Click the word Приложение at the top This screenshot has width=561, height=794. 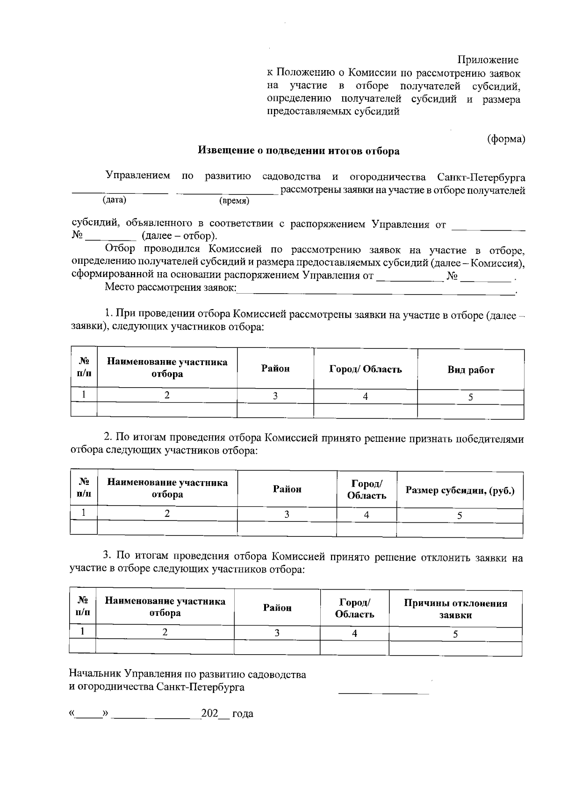488,60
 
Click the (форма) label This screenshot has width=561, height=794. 506,139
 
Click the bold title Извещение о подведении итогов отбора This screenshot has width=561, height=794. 299,151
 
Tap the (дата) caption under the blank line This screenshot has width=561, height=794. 115,200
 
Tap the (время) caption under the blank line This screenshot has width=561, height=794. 234,201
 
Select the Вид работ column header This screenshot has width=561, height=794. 471,370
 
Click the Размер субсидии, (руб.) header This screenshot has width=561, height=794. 460,490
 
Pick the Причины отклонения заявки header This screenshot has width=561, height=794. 455,609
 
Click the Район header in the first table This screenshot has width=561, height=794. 275,369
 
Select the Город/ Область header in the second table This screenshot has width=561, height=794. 367,490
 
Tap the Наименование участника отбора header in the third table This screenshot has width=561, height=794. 165,607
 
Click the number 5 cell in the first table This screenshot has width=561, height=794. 470,397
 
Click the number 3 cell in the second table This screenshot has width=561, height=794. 287,514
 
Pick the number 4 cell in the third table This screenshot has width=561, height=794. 354,633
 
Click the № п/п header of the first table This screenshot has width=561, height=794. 84,368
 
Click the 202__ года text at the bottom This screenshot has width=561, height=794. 227,714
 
